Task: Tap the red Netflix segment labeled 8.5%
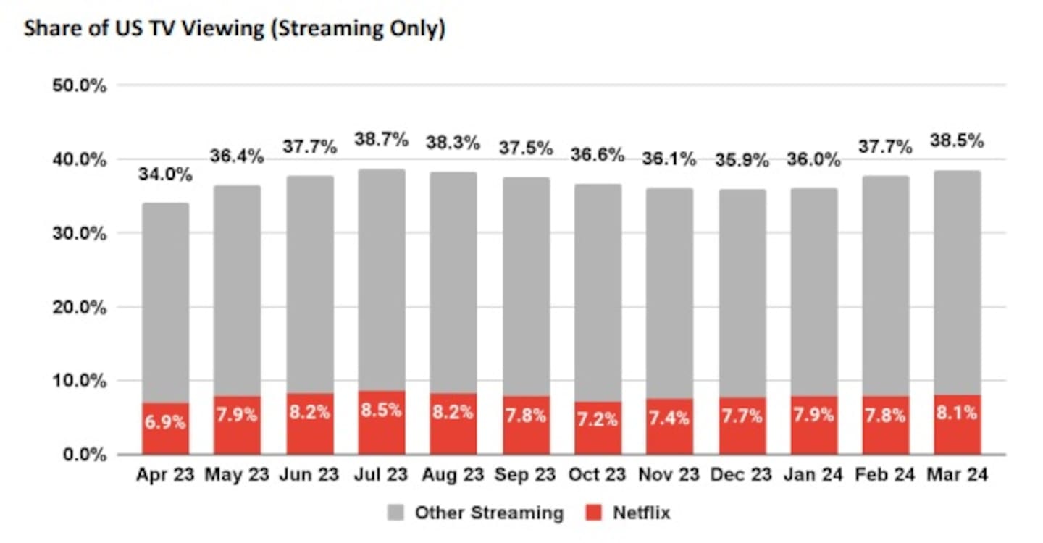tap(382, 423)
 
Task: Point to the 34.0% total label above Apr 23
tap(165, 175)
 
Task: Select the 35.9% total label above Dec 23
tap(742, 161)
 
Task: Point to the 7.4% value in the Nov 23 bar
tap(670, 418)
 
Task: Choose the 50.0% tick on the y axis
tap(80, 85)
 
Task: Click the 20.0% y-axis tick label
tap(80, 307)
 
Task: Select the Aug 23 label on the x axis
tap(453, 476)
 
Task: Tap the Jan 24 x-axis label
tap(814, 476)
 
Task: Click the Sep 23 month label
tap(526, 476)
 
